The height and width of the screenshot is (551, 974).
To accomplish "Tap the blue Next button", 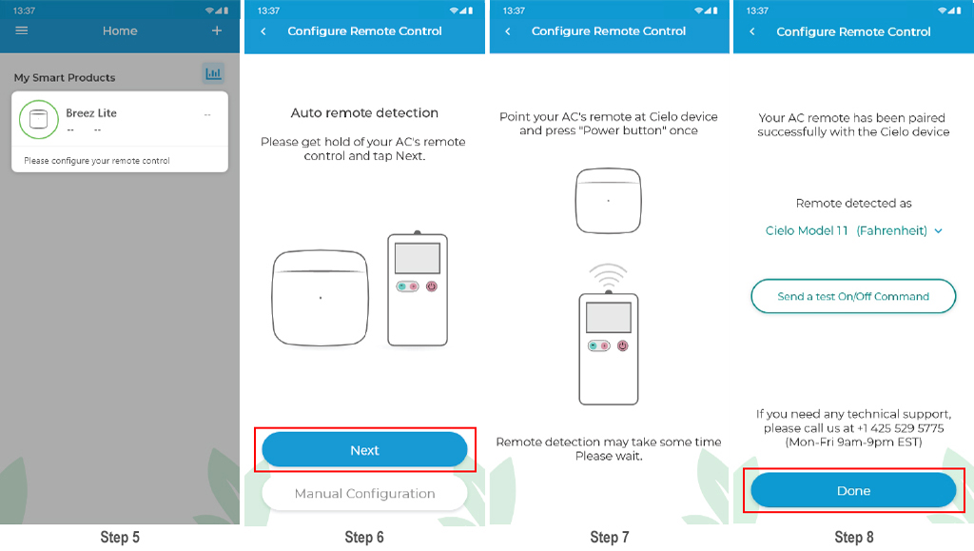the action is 364,450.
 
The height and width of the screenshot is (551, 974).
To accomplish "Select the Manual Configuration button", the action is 364,493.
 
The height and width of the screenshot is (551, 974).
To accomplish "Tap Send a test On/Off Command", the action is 853,296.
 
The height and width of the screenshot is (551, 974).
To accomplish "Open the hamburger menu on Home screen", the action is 22,30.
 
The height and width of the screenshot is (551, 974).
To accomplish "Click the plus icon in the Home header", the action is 217,30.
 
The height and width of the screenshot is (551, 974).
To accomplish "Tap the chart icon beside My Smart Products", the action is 213,73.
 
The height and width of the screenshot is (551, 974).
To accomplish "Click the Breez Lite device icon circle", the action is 38,119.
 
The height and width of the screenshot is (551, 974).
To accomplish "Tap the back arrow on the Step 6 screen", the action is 263,31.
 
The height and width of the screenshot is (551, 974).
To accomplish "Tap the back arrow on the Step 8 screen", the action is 752,31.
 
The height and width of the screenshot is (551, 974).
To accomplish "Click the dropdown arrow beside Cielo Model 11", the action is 938,231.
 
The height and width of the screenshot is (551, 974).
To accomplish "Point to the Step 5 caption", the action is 120,538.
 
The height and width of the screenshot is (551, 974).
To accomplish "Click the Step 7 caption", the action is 610,538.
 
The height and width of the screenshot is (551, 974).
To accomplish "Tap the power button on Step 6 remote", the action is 432,286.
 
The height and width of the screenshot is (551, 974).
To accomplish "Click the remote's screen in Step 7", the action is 609,318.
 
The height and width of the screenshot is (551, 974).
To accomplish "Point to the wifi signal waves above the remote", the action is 608,273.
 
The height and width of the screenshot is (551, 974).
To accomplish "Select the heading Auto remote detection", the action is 364,113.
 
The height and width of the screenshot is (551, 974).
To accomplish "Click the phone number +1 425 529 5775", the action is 900,428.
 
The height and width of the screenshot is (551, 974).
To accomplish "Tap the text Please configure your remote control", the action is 97,160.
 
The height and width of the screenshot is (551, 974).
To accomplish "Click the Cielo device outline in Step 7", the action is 608,201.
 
